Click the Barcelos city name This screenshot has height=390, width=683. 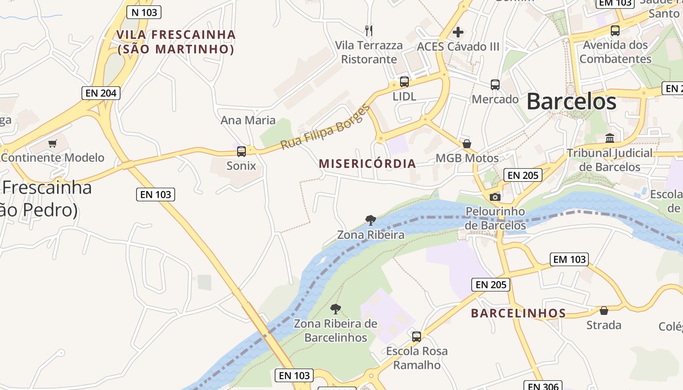tap(571, 101)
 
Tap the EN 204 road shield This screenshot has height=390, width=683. tap(100, 93)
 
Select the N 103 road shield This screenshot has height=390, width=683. tap(143, 12)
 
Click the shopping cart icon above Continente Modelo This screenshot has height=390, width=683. tap(53, 143)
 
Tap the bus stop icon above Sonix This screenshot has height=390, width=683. tap(241, 151)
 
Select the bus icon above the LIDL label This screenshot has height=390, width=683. tap(404, 82)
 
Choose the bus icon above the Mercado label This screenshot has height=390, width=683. tap(495, 85)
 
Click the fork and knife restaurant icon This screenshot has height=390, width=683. tap(369, 31)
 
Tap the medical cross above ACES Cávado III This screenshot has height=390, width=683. tap(458, 32)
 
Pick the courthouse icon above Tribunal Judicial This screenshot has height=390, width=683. tap(610, 138)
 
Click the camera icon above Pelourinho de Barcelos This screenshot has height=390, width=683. tap(495, 197)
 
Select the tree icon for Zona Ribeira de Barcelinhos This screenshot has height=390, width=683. tap(335, 309)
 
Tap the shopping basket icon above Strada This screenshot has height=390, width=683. tap(604, 311)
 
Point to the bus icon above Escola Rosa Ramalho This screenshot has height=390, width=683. tap(416, 336)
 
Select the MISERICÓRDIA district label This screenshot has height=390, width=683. tap(367, 164)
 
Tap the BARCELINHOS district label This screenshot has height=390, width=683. tap(518, 313)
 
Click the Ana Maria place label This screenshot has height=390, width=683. tap(248, 120)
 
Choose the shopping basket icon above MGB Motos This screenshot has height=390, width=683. tap(467, 144)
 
